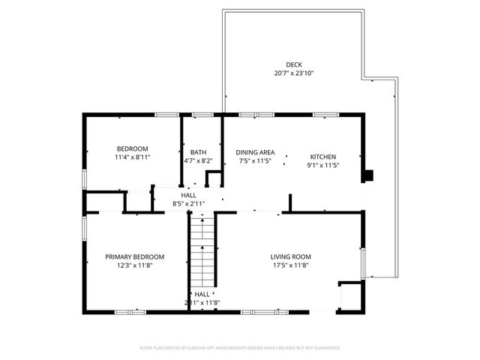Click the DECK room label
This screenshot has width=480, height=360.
click(x=293, y=64)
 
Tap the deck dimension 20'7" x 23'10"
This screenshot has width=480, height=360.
click(x=293, y=73)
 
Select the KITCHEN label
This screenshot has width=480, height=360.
click(x=323, y=157)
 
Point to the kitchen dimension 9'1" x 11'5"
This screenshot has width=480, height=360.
click(x=323, y=166)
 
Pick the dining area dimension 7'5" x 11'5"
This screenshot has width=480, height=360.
click(x=253, y=160)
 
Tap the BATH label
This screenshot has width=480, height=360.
click(x=198, y=151)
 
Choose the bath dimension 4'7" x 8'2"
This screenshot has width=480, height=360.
click(x=198, y=160)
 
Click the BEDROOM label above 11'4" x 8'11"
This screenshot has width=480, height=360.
click(x=131, y=148)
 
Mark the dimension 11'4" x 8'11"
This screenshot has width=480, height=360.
click(x=131, y=157)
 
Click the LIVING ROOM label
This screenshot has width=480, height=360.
click(x=290, y=256)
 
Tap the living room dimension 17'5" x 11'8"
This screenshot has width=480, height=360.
click(x=290, y=265)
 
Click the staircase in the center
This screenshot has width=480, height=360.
click(x=202, y=247)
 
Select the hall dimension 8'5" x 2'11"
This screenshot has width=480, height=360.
click(x=188, y=203)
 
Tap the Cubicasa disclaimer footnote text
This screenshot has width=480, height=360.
click(x=240, y=348)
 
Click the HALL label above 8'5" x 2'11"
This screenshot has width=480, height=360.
click(x=188, y=195)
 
